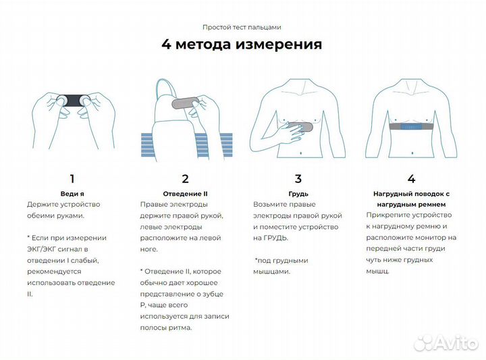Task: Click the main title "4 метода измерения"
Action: point(242,45)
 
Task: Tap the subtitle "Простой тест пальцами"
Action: point(242,27)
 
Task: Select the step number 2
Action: point(185,179)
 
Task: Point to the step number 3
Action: point(298,179)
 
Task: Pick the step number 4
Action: point(411,179)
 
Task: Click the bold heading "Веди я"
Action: point(72,193)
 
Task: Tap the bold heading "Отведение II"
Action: point(185,193)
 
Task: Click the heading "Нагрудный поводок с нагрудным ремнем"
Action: point(411,198)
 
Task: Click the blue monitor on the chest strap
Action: point(410,126)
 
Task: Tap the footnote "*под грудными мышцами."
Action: point(281,265)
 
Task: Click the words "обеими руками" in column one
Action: point(55,215)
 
